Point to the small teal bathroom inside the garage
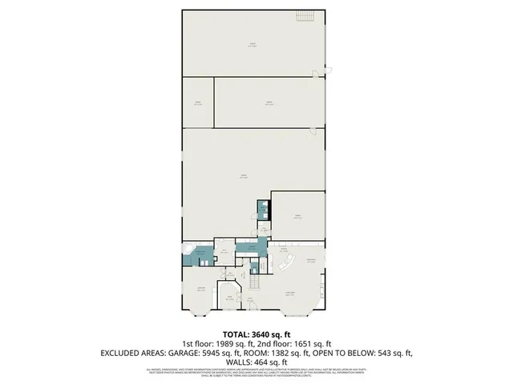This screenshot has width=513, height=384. [262, 209]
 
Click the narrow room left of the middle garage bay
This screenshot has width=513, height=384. [196, 103]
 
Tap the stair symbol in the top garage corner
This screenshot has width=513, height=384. [324, 67]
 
